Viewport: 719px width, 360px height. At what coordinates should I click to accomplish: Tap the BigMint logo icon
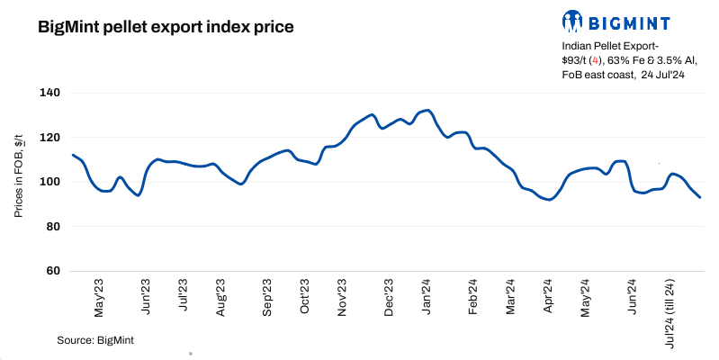(573, 21)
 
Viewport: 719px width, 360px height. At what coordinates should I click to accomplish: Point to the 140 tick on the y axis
(49, 93)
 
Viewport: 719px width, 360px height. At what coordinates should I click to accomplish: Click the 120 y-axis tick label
(49, 138)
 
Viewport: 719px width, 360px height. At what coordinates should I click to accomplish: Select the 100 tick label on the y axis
(49, 182)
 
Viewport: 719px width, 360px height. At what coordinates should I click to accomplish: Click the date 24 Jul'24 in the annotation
(664, 76)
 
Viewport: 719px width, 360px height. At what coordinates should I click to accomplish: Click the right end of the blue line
(700, 197)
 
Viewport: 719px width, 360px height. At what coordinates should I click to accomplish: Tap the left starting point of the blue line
(72, 155)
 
